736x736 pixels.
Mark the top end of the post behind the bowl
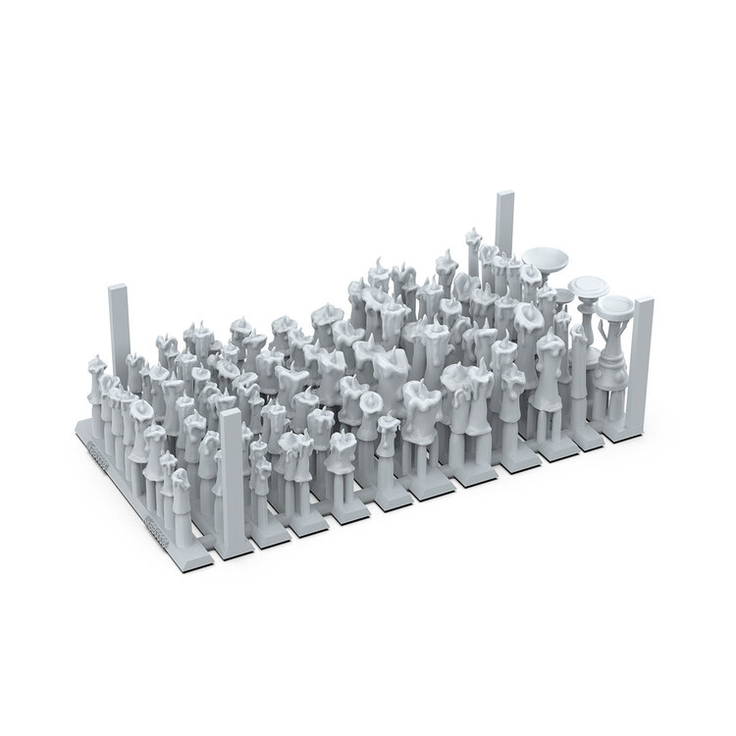coord(505,194)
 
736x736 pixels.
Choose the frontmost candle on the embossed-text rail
coord(181,500)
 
